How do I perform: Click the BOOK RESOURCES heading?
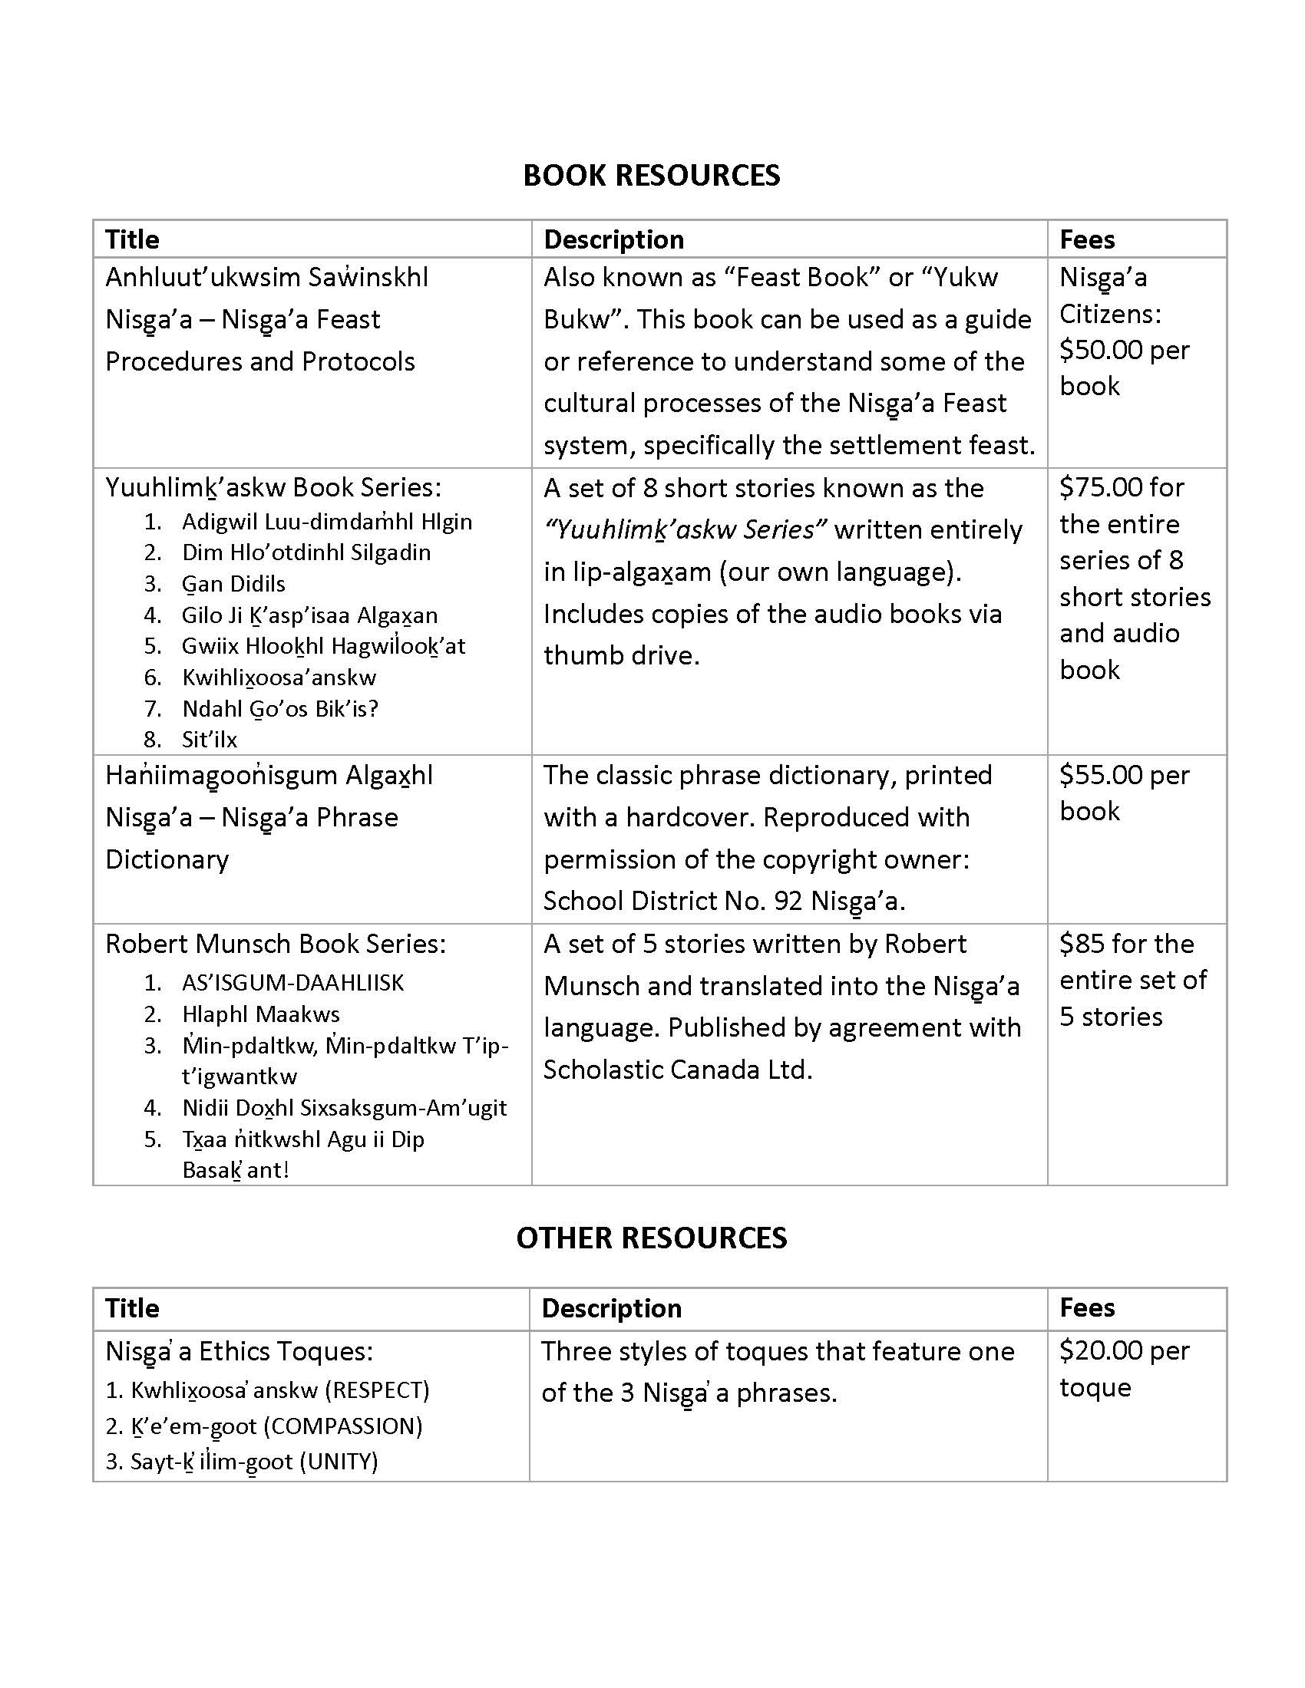coord(651,176)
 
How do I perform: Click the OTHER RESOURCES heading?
coord(651,1238)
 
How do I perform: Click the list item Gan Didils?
coord(233,585)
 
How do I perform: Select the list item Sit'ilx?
coord(210,740)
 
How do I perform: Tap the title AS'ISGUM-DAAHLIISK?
coord(293,983)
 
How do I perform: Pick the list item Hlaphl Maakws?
coord(260,1014)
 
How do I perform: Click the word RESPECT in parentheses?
coord(376,1390)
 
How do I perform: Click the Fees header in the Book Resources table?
coord(1087,239)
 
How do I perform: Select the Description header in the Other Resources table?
coord(612,1307)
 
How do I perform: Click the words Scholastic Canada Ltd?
coord(677,1070)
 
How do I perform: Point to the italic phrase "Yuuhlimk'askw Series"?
coord(685,530)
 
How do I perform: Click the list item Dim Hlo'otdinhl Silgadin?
coord(306,552)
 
